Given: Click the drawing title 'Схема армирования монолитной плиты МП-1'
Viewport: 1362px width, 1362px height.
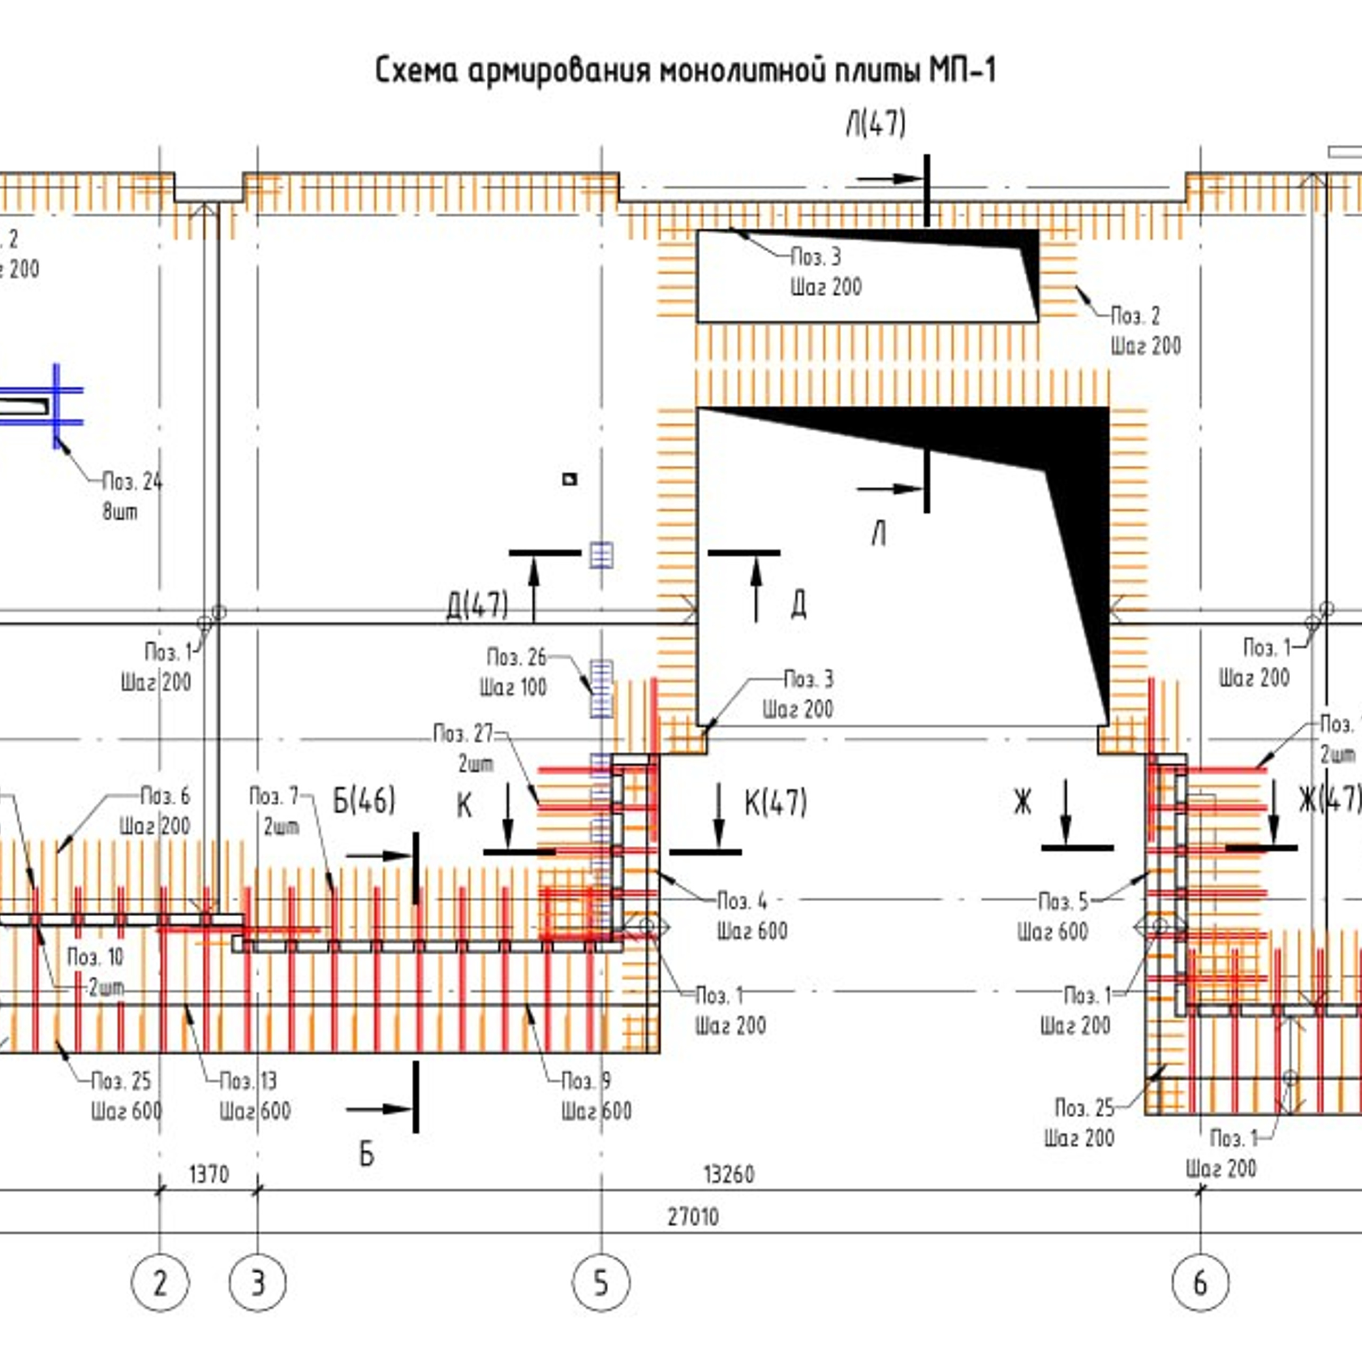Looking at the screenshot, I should pos(685,71).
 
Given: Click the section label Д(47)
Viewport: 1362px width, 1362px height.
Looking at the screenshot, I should pos(477,605).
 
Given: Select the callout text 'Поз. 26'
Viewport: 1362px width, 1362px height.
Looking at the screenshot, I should pos(517,657).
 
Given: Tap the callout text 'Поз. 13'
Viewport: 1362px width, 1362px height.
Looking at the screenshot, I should pos(248,1081).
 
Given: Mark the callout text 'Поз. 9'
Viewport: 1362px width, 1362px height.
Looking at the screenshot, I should pos(586,1081).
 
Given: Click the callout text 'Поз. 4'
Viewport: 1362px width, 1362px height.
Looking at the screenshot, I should pos(742,901).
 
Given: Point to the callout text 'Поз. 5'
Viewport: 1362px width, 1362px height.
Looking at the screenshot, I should pos(1063,901).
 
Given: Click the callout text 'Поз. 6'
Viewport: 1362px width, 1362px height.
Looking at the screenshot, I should pos(165,796).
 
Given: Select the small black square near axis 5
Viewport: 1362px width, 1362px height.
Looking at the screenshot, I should pos(570,479).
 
